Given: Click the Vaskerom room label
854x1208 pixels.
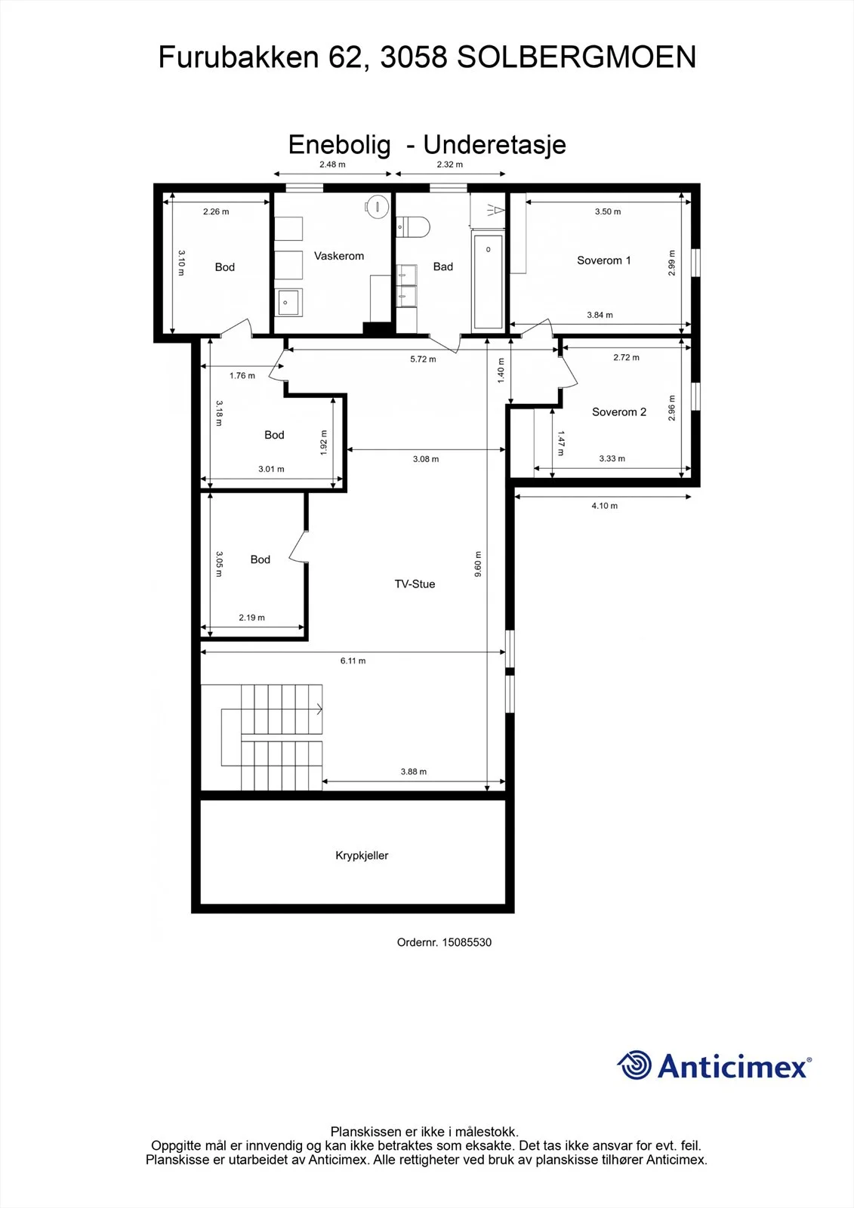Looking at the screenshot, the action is tap(339, 256).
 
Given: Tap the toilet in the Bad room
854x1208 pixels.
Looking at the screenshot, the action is tap(413, 227).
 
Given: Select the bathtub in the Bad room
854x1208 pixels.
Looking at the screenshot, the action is tap(488, 280).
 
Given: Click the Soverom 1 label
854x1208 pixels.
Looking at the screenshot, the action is tap(603, 260).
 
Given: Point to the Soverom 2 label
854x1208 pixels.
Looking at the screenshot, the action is tap(618, 412).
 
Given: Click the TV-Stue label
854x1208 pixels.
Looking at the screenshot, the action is tap(415, 584).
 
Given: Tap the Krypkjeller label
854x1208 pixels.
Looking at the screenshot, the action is tap(362, 855).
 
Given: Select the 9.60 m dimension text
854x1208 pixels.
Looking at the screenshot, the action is tap(478, 564).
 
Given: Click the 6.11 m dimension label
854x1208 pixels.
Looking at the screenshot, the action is tap(353, 661).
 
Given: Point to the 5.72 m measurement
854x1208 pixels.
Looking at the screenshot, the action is tap(423, 359).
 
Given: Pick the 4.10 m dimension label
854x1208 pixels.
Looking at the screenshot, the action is tap(604, 506).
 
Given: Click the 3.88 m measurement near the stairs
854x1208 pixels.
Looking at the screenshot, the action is tap(413, 772).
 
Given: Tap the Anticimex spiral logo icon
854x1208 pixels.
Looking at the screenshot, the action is tap(634, 1065).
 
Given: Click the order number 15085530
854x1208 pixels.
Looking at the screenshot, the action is tap(467, 942).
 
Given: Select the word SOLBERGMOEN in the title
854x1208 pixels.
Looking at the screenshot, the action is tap(577, 57).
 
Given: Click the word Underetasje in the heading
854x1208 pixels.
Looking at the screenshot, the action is tap(494, 145).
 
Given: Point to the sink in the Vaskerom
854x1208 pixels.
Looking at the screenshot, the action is tap(288, 302).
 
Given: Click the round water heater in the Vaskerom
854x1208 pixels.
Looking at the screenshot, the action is tap(377, 206).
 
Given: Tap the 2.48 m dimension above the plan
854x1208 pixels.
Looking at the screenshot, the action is tap(332, 165).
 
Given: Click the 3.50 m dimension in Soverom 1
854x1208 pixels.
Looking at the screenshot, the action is tap(607, 212).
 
